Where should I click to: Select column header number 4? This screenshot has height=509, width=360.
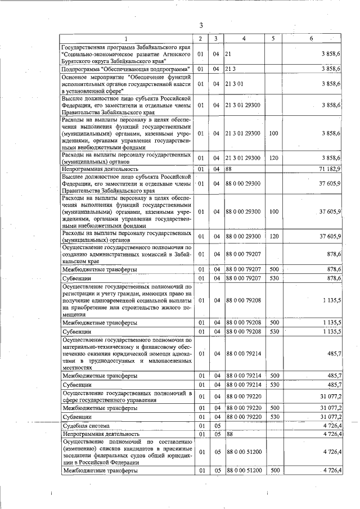click(x=244, y=38)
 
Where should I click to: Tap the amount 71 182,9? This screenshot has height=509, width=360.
click(x=329, y=169)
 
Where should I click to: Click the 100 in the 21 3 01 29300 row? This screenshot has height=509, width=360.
click(x=273, y=133)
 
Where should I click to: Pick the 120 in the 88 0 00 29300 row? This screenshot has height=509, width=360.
click(x=273, y=237)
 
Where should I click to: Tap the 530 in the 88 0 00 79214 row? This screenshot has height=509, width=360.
click(x=274, y=384)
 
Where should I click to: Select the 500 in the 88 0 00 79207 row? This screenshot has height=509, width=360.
click(x=274, y=270)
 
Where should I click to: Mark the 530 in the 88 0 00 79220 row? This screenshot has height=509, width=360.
click(x=274, y=417)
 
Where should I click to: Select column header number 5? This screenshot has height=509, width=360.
click(x=273, y=38)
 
